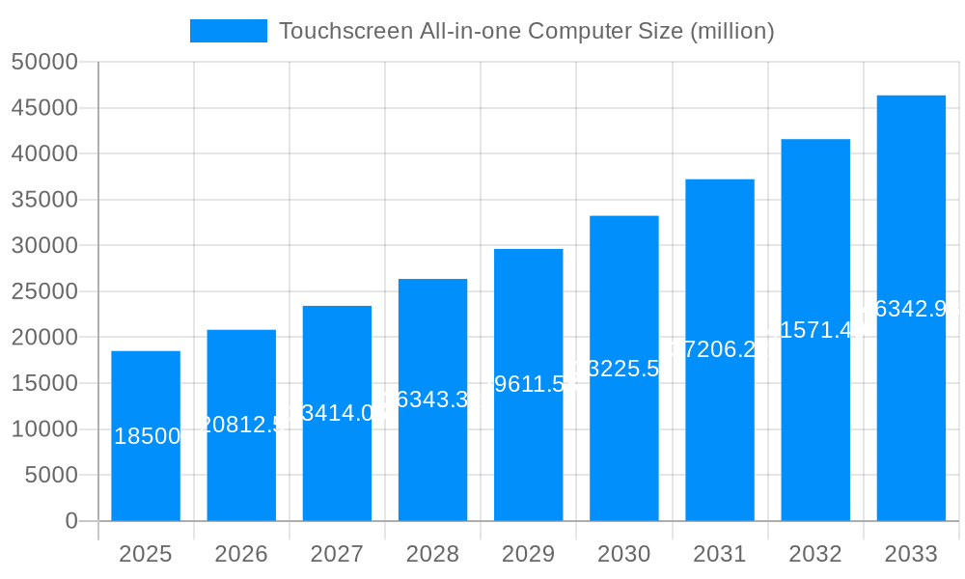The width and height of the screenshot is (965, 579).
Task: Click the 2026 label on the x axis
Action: tap(241, 554)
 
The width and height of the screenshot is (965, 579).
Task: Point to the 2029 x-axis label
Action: tap(528, 554)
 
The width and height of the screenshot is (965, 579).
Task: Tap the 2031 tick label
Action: tap(719, 554)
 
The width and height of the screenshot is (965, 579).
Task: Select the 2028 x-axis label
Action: tap(432, 554)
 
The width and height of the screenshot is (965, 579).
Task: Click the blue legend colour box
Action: tap(229, 31)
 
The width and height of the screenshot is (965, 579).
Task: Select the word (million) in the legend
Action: tap(731, 31)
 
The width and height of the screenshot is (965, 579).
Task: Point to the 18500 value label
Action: tap(147, 436)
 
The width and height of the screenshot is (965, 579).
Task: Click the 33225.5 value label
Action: tap(624, 369)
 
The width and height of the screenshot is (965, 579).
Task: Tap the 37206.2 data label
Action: tap(720, 349)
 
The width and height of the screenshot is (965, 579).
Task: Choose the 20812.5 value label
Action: tap(241, 425)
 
